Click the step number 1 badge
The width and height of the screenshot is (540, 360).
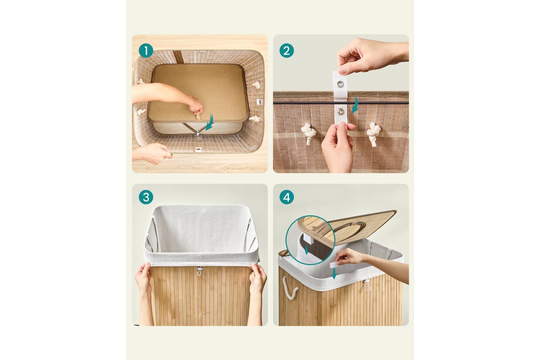pos(146,51)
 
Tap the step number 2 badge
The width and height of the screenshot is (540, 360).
pos(287,51)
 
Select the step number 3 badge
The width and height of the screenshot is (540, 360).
pos(146,197)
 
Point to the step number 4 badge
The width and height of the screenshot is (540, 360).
pos(287,197)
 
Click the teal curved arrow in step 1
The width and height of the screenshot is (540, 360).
pos(211,123)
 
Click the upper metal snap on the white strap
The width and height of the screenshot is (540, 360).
pos(340,84)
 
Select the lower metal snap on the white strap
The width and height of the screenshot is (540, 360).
pos(341,111)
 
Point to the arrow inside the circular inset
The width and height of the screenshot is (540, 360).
pos(306,250)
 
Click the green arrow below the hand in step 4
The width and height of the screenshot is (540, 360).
pos(334,274)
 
